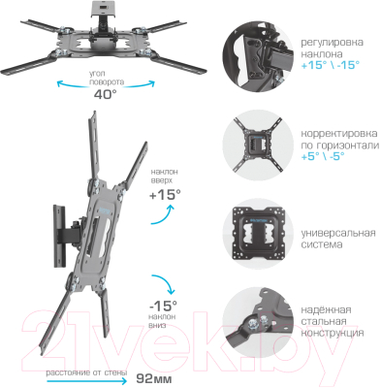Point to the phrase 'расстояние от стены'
click(x=84, y=372)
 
